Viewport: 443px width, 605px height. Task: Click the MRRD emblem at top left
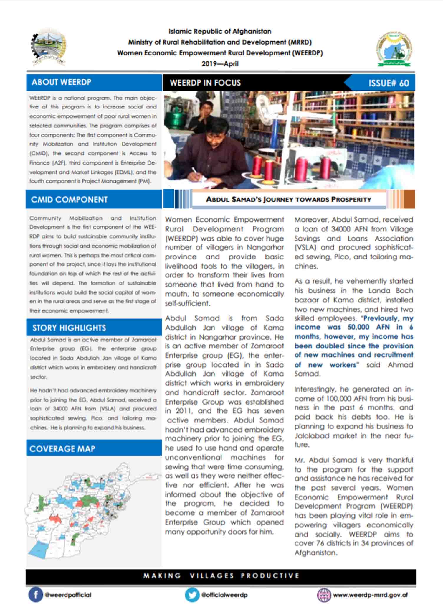[x=49, y=47]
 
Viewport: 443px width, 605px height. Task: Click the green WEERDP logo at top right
[x=394, y=49]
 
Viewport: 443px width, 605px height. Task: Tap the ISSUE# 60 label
[x=389, y=83]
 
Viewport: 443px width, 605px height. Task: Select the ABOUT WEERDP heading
[x=61, y=82]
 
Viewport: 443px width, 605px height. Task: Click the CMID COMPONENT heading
[x=69, y=200]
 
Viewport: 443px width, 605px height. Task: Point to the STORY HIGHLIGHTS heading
[x=69, y=328]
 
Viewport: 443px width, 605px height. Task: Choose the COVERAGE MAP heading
[x=62, y=449]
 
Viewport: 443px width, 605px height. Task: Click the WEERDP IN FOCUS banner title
[x=205, y=83]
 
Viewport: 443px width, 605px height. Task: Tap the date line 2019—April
[x=220, y=64]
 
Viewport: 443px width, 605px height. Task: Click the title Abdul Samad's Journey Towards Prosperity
[x=288, y=199]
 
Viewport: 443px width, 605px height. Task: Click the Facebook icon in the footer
[x=36, y=595]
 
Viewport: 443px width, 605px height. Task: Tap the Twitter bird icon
[x=192, y=595]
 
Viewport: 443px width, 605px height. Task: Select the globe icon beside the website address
[x=324, y=595]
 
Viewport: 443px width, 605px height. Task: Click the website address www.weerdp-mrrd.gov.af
[x=370, y=595]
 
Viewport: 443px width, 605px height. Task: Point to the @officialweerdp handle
[x=224, y=595]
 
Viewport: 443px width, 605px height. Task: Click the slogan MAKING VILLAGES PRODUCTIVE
[x=221, y=576]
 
